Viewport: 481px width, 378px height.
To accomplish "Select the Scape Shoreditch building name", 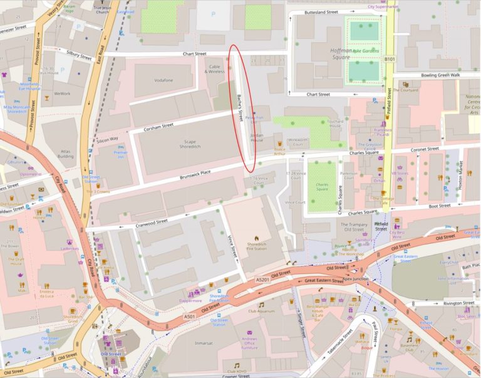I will click(x=185, y=145).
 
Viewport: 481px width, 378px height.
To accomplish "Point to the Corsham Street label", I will click(x=158, y=126).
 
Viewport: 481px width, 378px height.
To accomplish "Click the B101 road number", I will click(x=390, y=59).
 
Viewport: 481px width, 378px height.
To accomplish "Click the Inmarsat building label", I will click(x=204, y=344).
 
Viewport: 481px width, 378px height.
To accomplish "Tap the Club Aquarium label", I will click(x=261, y=311).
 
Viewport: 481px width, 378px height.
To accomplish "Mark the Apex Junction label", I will click(x=355, y=278).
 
